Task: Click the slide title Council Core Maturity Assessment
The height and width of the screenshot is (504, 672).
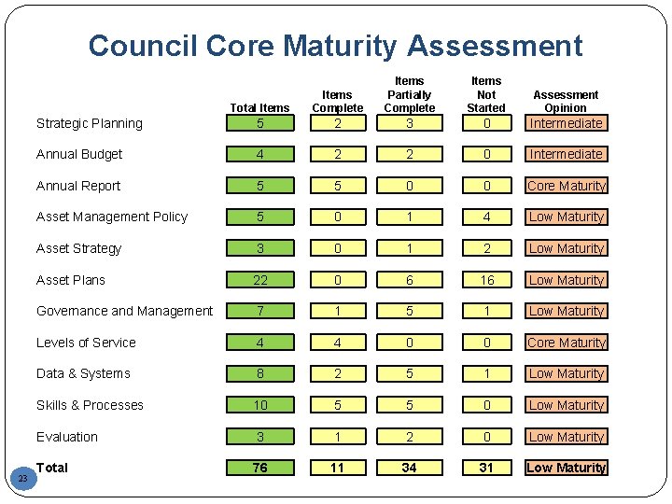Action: coord(335,46)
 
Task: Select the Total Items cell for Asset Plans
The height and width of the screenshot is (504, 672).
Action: coord(259,280)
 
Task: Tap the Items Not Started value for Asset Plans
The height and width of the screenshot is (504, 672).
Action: coord(485,280)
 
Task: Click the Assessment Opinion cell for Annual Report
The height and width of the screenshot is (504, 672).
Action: coord(566,186)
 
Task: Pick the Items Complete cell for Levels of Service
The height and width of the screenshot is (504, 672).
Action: coord(337,343)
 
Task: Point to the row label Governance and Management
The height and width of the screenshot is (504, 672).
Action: coord(124,311)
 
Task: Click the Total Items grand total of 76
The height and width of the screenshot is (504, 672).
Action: coord(259,468)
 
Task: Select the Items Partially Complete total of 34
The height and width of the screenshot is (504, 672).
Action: coord(409,468)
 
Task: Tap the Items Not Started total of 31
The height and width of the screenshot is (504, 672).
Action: coord(485,468)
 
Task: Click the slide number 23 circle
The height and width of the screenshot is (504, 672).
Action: coord(25,478)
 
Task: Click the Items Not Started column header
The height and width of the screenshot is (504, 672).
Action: coord(485,94)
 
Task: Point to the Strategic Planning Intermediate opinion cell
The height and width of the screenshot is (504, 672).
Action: coord(566,123)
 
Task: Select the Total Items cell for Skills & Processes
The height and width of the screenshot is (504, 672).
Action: coord(259,405)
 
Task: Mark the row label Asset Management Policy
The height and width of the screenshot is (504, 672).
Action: coord(112,217)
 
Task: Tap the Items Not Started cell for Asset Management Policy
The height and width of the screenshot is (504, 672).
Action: coord(485,217)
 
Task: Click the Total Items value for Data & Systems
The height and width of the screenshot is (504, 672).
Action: coord(259,373)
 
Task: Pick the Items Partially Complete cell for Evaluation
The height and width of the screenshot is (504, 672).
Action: coord(409,437)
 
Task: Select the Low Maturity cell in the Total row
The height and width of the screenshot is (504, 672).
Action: coord(566,468)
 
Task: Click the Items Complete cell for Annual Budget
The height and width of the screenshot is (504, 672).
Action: coord(337,154)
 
